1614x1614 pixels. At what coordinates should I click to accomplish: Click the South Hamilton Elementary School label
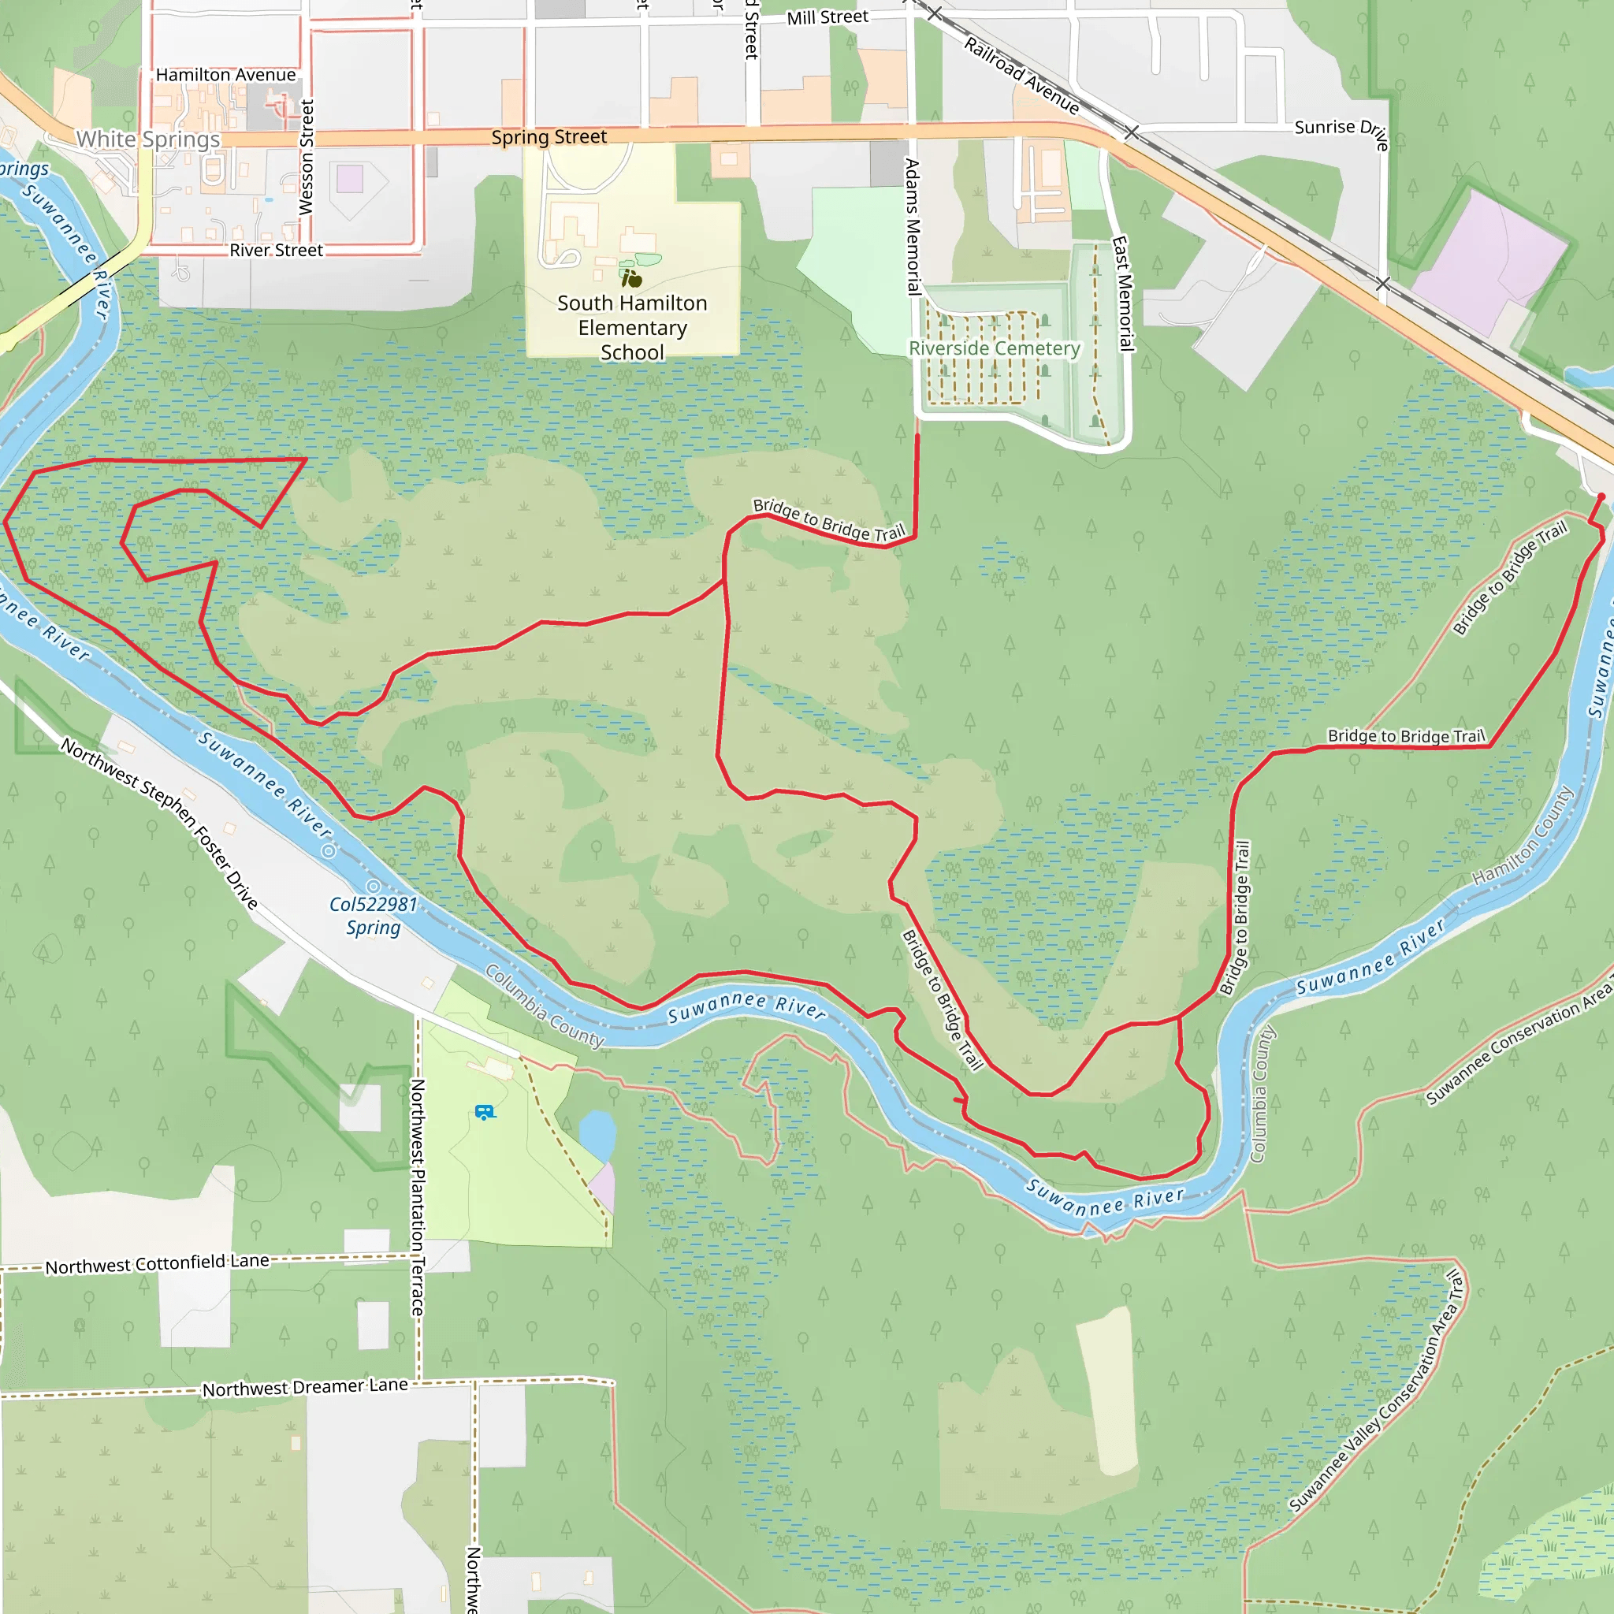click(632, 328)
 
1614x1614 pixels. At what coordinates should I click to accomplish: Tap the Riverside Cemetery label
click(994, 348)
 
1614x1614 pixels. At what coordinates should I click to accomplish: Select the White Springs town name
click(148, 139)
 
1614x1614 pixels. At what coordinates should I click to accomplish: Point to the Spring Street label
click(549, 137)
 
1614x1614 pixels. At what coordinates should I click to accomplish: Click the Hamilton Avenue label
click(225, 75)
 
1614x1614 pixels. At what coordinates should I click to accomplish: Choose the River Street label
click(276, 250)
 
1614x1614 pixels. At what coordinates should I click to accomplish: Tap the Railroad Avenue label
click(1021, 75)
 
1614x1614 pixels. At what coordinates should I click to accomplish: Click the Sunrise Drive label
click(1341, 131)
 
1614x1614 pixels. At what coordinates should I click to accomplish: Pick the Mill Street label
click(827, 17)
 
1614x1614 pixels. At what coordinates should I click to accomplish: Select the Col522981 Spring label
click(374, 916)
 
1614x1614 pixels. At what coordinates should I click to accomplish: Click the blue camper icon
click(485, 1112)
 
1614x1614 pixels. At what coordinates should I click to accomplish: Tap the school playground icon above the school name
click(632, 278)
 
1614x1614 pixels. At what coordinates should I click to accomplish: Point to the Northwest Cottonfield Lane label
click(157, 1264)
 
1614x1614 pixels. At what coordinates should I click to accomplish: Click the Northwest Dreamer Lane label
click(305, 1388)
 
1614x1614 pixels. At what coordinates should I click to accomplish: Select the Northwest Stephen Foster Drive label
click(158, 823)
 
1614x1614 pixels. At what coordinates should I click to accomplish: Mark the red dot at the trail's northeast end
click(1601, 497)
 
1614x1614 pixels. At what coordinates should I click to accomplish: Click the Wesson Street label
click(307, 157)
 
